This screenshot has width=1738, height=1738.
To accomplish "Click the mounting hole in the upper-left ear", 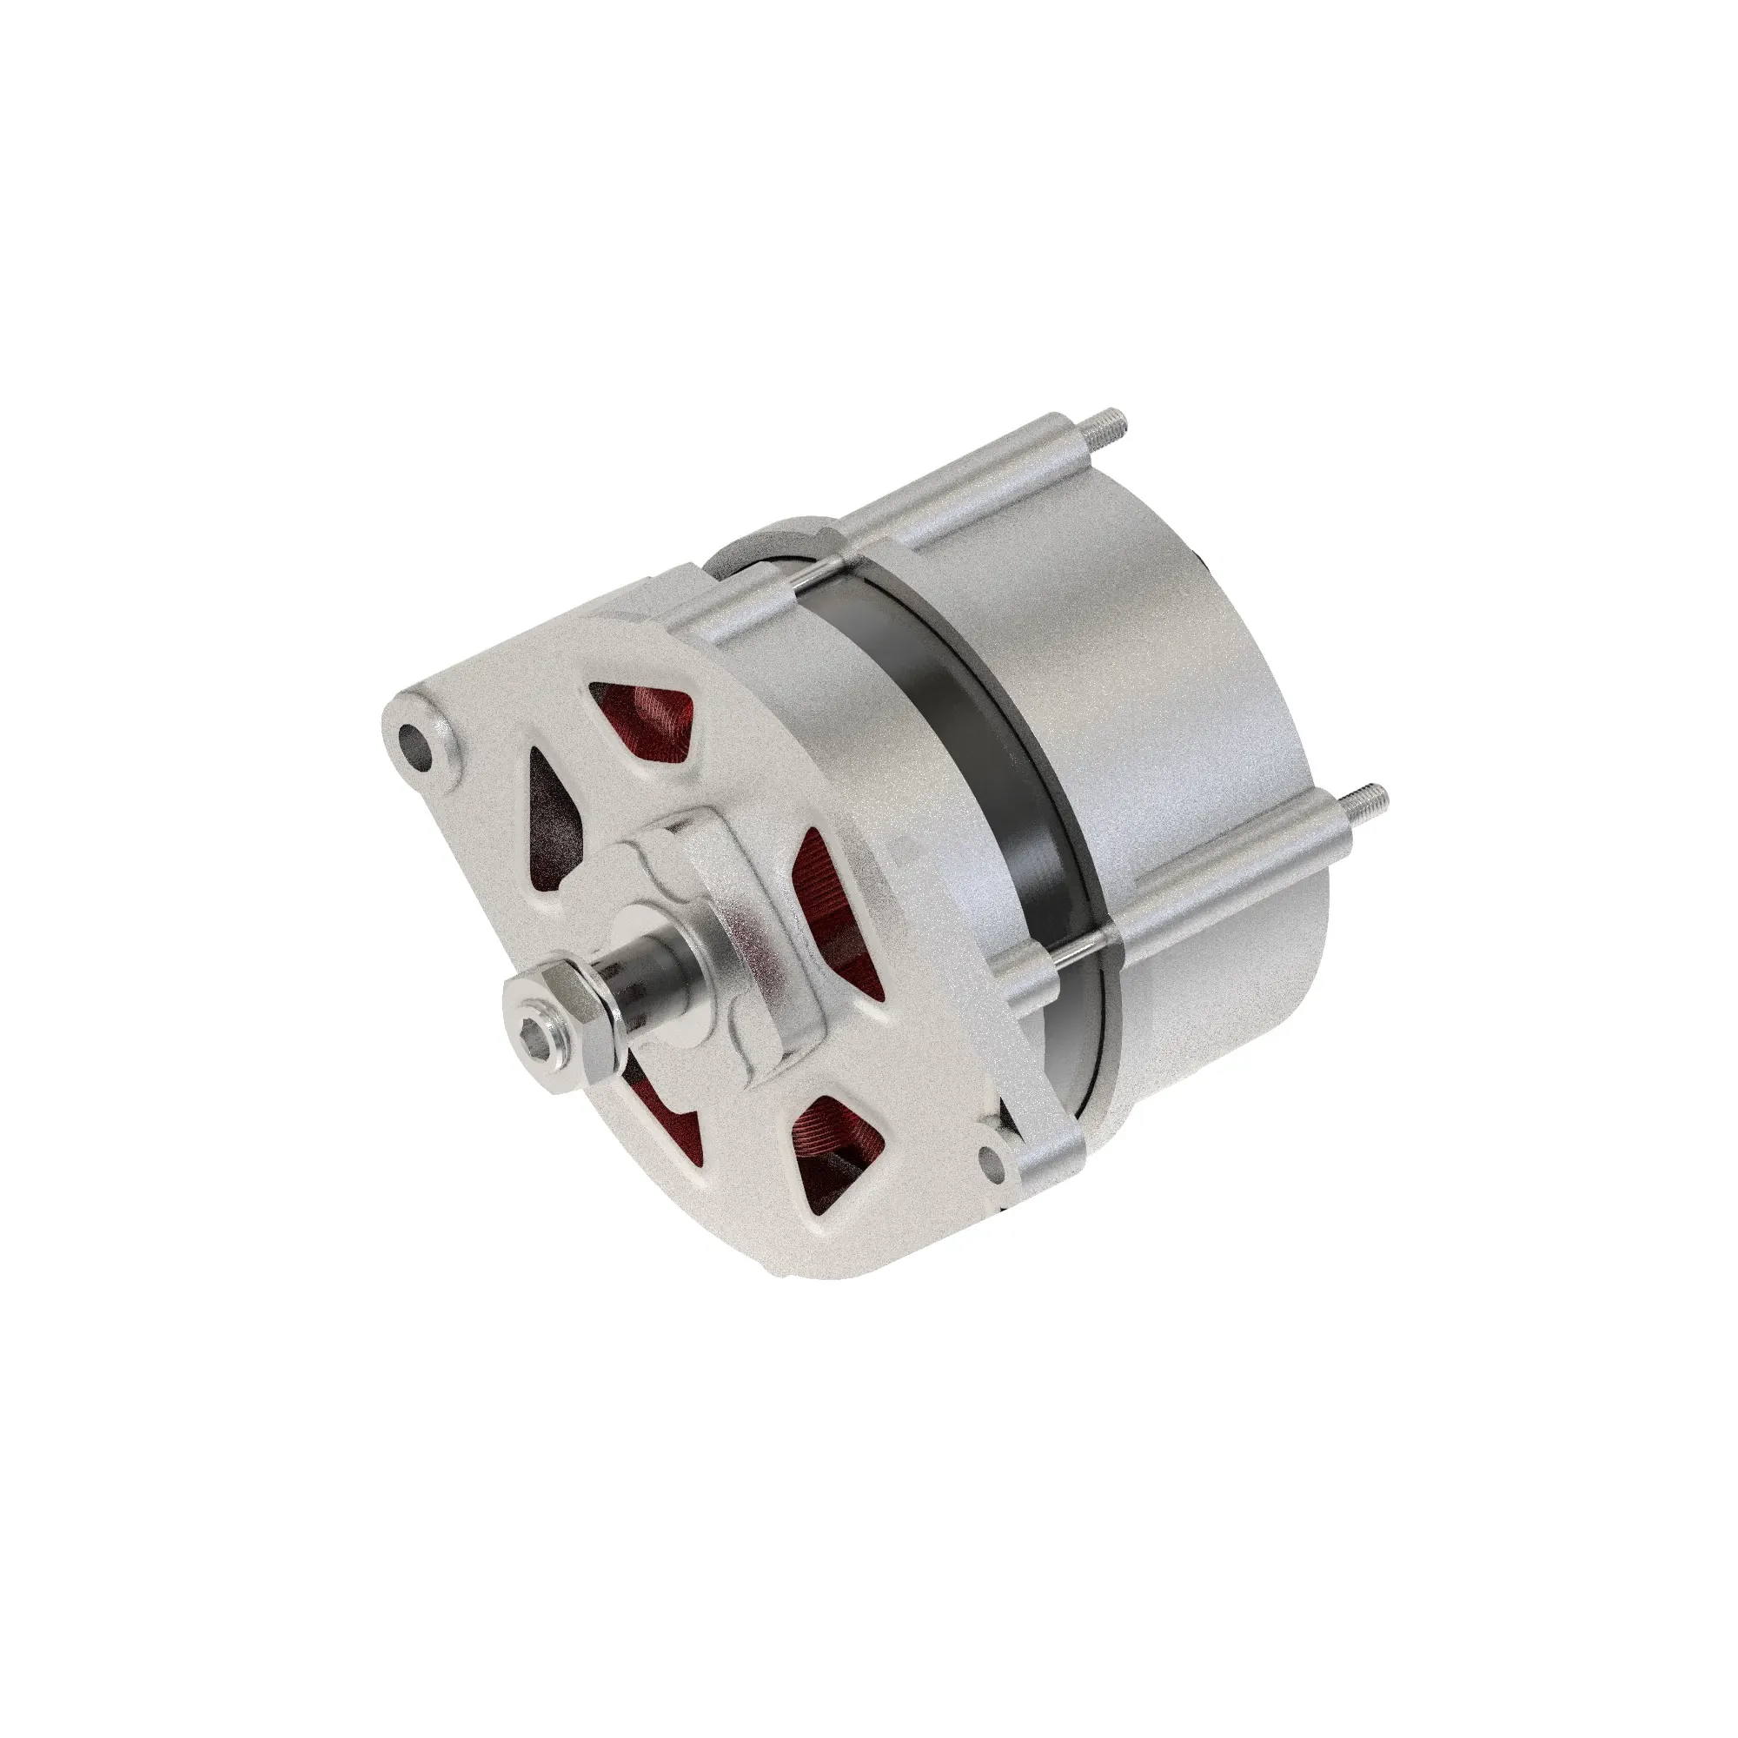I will coord(421,744).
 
